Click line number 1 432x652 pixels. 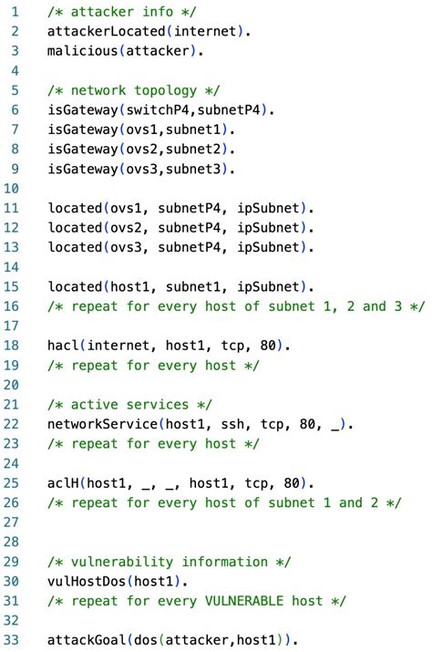15,10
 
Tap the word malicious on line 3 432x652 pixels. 83,51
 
